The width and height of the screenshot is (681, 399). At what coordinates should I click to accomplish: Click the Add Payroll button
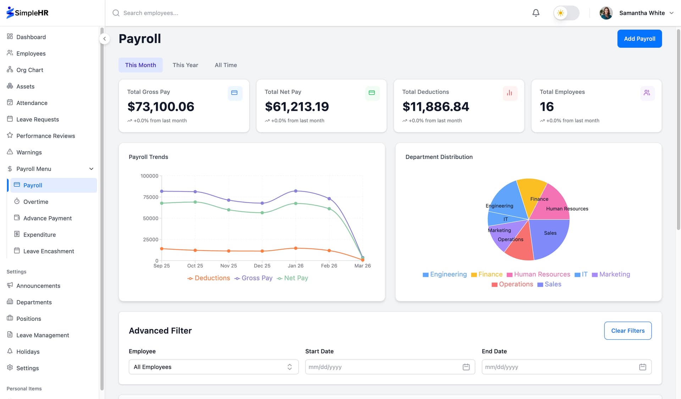click(x=639, y=39)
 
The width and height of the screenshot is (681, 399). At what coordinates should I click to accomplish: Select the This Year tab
click(x=185, y=65)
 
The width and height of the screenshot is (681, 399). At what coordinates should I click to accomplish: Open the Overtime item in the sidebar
click(x=35, y=202)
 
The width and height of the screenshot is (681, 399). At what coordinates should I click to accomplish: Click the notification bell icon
click(x=536, y=13)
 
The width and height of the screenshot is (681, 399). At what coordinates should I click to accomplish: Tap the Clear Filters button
click(x=627, y=330)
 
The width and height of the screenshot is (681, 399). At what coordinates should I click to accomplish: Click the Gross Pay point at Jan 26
click(x=296, y=191)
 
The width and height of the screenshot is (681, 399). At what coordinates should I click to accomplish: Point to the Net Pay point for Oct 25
click(x=195, y=202)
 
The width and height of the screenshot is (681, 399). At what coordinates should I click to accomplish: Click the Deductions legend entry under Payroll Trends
click(x=209, y=278)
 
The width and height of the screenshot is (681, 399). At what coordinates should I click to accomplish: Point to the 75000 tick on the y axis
click(x=150, y=197)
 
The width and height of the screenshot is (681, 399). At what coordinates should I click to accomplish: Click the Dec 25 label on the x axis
click(x=262, y=266)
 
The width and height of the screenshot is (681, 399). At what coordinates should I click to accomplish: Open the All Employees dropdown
click(x=213, y=367)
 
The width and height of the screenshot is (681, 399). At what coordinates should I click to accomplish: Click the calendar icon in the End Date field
click(x=642, y=367)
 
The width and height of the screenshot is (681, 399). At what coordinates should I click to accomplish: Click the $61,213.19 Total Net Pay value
click(x=297, y=106)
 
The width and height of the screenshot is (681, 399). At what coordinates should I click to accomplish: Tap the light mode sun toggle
click(x=561, y=13)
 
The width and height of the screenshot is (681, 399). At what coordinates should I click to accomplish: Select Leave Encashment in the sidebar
click(x=49, y=251)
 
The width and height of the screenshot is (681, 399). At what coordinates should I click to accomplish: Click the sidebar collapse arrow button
click(x=104, y=39)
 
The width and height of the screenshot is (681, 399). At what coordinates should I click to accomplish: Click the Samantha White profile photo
click(x=606, y=13)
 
